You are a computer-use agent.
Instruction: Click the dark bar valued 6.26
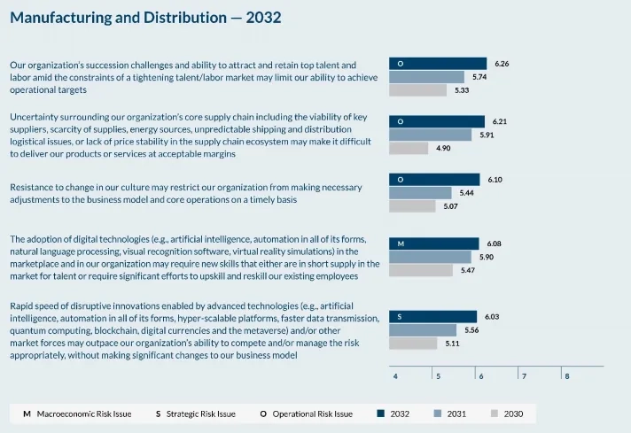pos(438,64)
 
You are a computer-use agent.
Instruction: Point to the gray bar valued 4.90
pos(410,148)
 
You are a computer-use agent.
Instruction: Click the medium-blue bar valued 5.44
pos(420,193)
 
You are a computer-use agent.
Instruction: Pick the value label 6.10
pos(495,180)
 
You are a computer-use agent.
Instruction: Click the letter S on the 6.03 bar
pos(400,316)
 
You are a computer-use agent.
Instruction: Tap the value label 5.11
pos(452,343)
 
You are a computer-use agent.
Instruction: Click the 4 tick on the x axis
pos(395,376)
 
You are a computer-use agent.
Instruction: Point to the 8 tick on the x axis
pos(566,376)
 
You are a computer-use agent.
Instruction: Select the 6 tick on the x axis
pos(480,376)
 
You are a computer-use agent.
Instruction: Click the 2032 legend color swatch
pos(381,414)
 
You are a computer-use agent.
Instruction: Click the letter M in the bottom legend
pos(26,414)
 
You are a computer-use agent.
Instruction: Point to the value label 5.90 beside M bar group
pos(487,257)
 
